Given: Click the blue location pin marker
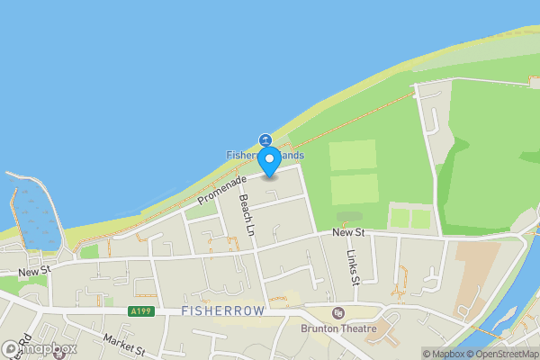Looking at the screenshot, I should pos(269,162).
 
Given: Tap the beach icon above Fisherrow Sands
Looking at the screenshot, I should pos(265,139).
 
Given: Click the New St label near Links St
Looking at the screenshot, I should pos(346,233).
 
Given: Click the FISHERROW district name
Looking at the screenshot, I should pos(223,310).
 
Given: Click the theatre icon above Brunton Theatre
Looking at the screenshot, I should pos(338,313).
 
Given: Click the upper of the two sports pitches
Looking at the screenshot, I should pos(353,155).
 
